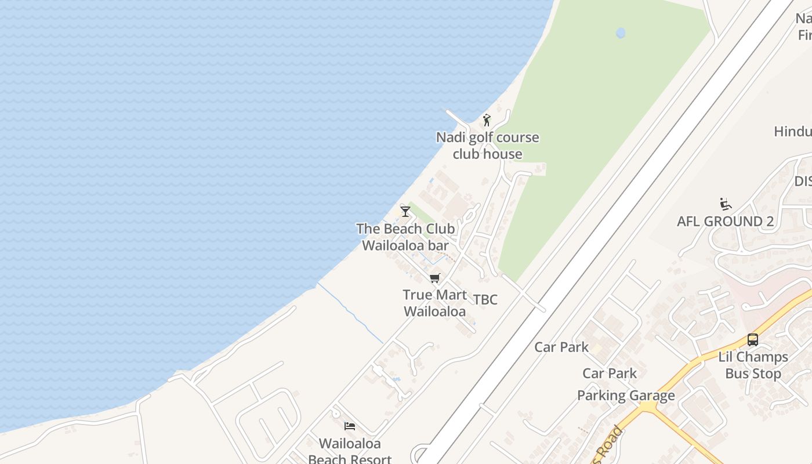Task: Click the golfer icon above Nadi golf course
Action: pos(487,120)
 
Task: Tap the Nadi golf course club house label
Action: pos(487,146)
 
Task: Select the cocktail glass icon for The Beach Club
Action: pos(405,211)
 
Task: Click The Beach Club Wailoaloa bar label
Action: pos(405,237)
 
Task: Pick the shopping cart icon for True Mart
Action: pos(435,278)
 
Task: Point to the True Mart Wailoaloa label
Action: pos(434,303)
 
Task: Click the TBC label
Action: pos(485,299)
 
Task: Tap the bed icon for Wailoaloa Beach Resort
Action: pos(350,426)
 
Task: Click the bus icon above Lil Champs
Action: pos(753,340)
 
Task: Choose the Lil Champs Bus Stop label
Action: pos(753,365)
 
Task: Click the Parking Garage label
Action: pos(626,396)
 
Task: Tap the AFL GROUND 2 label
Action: pos(725,221)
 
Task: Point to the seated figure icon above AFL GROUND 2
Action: pos(725,204)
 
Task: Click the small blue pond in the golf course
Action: pos(621,33)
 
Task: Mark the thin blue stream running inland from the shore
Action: pos(350,313)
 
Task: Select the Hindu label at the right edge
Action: pos(793,131)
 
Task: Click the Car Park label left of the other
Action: pos(561,347)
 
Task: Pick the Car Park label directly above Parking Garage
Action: pos(610,373)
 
